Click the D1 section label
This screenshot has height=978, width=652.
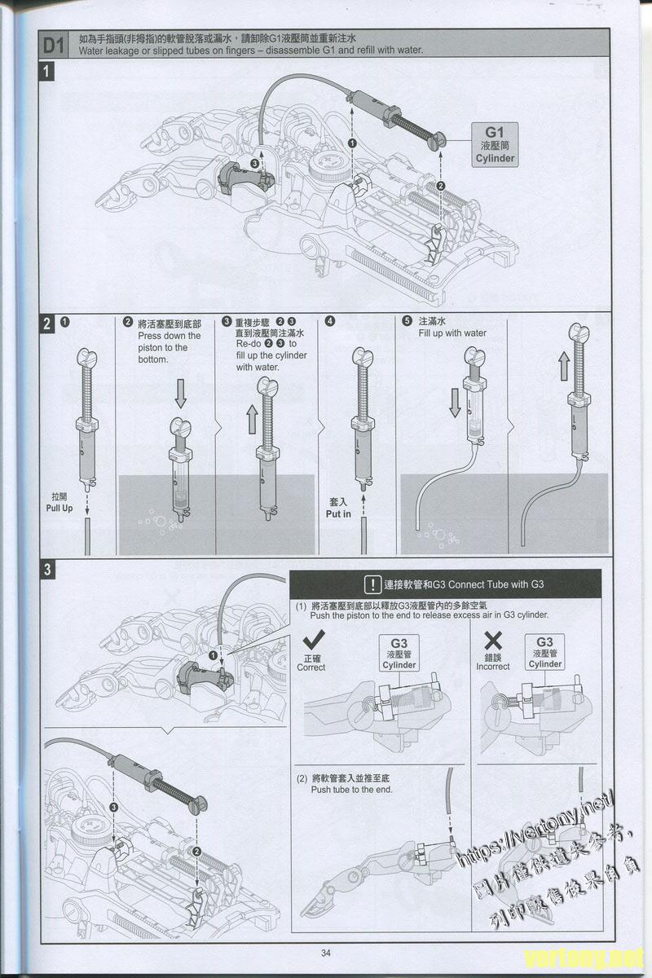(53, 44)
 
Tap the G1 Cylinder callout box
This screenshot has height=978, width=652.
(495, 145)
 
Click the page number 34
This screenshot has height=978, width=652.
(326, 953)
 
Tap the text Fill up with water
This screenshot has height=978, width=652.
(452, 333)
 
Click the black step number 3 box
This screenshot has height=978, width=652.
(48, 570)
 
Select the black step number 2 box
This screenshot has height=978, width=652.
(48, 323)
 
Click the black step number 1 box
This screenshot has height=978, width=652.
(48, 72)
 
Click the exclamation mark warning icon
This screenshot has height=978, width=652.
(372, 584)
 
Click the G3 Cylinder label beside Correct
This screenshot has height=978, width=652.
(399, 654)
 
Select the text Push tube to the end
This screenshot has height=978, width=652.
(351, 790)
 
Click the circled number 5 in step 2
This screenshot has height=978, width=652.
(407, 321)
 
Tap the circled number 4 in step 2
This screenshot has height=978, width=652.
(329, 321)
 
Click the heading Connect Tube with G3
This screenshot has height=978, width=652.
(463, 584)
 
